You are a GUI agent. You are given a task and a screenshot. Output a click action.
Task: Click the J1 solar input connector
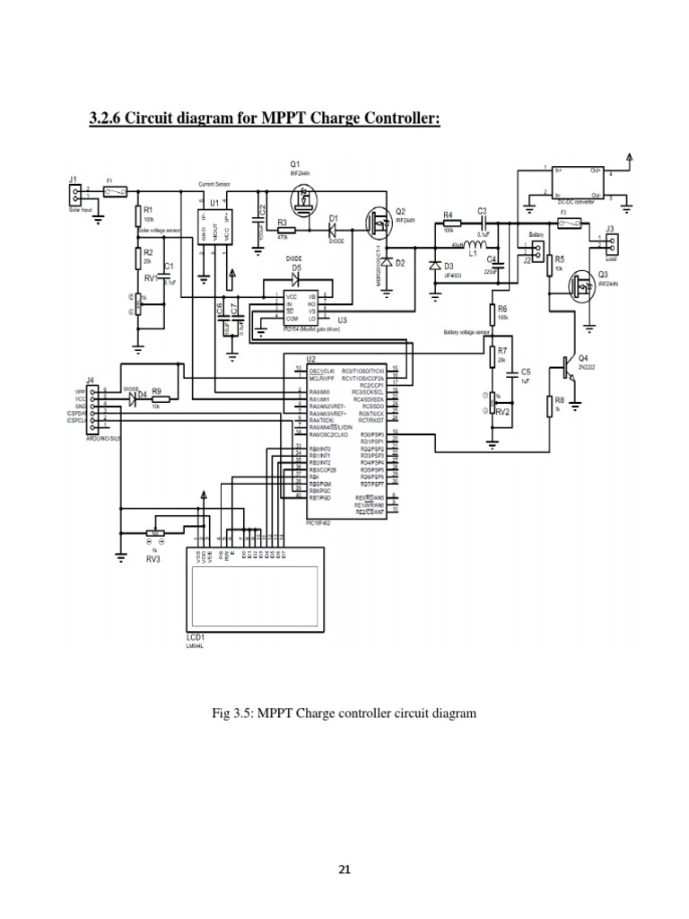pyautogui.click(x=78, y=197)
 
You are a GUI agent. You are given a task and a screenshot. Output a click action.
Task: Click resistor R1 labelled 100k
pyautogui.click(x=138, y=214)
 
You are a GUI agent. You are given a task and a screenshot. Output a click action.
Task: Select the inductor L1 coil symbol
pyautogui.click(x=468, y=243)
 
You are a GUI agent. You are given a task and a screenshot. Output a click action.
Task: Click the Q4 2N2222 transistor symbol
pyautogui.click(x=564, y=363)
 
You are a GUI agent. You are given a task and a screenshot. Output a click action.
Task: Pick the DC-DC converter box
pyautogui.click(x=571, y=182)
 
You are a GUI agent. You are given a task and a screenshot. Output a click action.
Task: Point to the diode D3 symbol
pyautogui.click(x=437, y=266)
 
